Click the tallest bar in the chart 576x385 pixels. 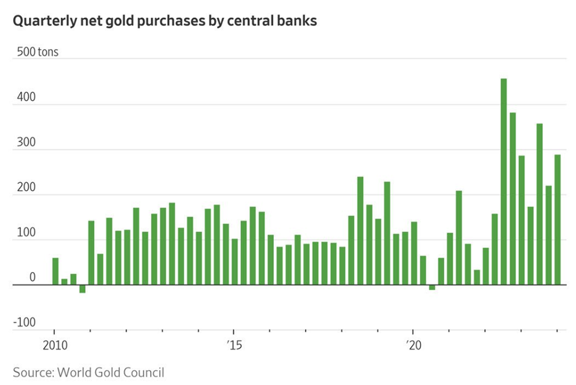pyautogui.click(x=504, y=182)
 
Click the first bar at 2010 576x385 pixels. pyautogui.click(x=55, y=271)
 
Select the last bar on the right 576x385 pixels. pyautogui.click(x=557, y=219)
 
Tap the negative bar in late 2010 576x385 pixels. pyautogui.click(x=82, y=289)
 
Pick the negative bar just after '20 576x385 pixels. pyautogui.click(x=432, y=287)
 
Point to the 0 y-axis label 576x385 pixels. pyautogui.click(x=32, y=278)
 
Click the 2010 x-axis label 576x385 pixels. pyautogui.click(x=54, y=345)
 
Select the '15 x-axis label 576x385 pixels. pyautogui.click(x=234, y=345)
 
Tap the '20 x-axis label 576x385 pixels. pyautogui.click(x=413, y=345)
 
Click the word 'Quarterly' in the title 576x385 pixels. pyautogui.click(x=41, y=22)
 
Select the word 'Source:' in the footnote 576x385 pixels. pyautogui.click(x=33, y=373)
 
